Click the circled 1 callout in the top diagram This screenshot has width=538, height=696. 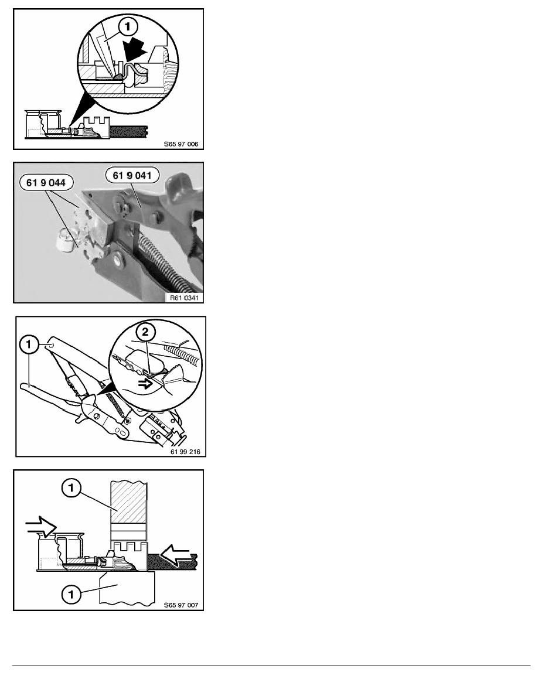click(x=128, y=27)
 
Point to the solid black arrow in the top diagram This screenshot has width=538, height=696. click(x=135, y=50)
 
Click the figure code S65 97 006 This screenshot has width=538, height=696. click(x=181, y=144)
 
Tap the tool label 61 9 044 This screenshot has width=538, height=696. click(x=46, y=182)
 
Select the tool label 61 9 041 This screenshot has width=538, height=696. click(x=132, y=175)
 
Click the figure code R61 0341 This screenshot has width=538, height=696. click(x=184, y=298)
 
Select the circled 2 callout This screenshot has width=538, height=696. click(x=146, y=332)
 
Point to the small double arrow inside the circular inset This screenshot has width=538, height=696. click(x=145, y=384)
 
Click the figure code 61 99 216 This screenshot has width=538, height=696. click(x=186, y=452)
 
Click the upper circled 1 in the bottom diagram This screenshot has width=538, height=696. click(x=71, y=489)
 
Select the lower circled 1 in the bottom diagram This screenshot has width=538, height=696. click(x=71, y=593)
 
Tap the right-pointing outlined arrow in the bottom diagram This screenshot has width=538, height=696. click(x=41, y=527)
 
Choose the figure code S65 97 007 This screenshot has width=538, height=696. click(x=181, y=605)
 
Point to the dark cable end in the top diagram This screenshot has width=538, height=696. click(x=129, y=131)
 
